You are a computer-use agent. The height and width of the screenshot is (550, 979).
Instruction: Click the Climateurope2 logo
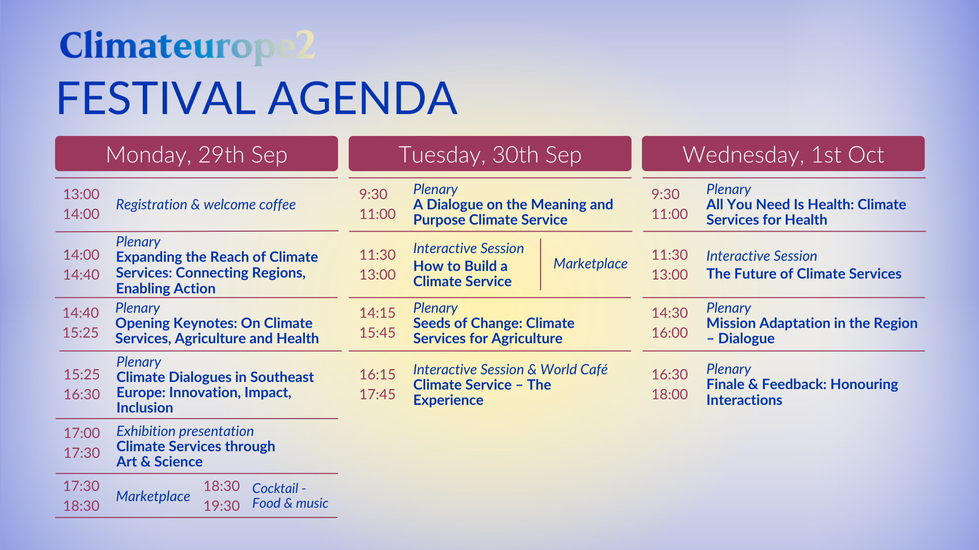[x=187, y=46]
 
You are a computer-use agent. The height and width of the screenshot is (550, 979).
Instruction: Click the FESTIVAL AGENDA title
[x=256, y=98]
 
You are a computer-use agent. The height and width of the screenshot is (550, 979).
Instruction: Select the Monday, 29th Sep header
[x=196, y=154]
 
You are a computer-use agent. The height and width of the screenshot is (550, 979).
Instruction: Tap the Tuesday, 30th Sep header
[x=489, y=154]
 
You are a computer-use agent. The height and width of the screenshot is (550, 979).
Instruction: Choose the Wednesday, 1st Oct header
[x=783, y=154]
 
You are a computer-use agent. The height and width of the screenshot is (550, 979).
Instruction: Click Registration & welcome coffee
[x=205, y=205]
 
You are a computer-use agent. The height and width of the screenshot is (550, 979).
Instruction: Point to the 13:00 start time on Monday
[x=81, y=194]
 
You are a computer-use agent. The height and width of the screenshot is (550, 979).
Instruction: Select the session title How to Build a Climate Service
[x=462, y=273]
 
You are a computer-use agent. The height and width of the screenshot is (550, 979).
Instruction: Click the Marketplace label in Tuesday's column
[x=590, y=264]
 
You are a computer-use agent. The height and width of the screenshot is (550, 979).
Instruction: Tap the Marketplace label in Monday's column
[x=153, y=497]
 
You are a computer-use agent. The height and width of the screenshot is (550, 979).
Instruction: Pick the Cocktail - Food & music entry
[x=290, y=496]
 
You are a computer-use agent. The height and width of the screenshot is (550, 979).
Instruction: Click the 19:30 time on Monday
[x=221, y=506]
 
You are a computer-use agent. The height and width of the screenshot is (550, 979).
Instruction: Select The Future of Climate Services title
[x=804, y=274]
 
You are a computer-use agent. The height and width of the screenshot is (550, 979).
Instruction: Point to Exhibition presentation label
[x=185, y=431]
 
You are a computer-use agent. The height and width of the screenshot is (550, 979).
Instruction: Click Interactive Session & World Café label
[x=510, y=369]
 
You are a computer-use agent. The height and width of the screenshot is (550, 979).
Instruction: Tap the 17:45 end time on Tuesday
[x=377, y=394]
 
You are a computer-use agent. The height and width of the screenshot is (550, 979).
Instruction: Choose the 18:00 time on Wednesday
[x=669, y=394]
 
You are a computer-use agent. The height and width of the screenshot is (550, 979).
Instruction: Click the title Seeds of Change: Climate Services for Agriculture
[x=494, y=331]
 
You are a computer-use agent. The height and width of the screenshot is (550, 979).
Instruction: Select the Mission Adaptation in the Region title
[x=812, y=331]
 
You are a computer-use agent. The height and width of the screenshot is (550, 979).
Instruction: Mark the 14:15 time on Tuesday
[x=377, y=313]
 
